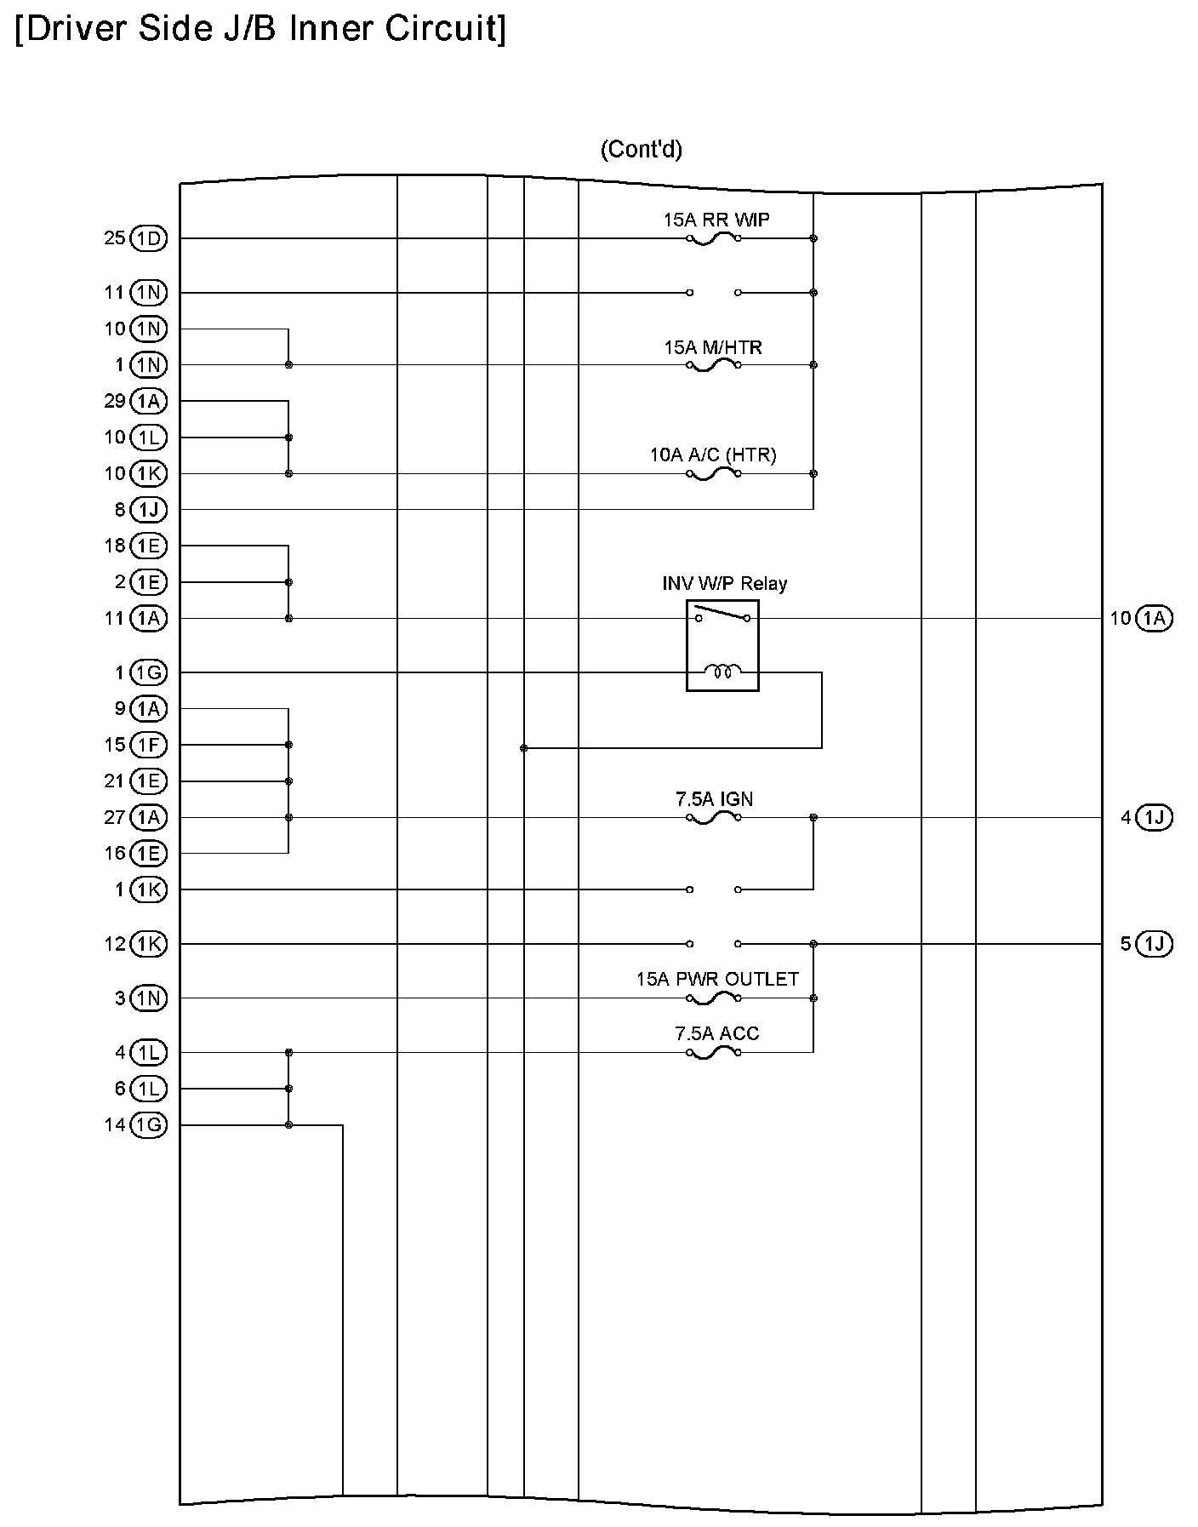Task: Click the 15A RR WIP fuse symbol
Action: (x=713, y=239)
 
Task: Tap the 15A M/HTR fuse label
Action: (x=713, y=347)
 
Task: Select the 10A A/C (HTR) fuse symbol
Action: (x=713, y=474)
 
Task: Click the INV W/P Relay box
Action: (x=722, y=645)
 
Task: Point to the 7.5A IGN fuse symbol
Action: (x=713, y=818)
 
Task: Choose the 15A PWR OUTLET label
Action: (x=717, y=979)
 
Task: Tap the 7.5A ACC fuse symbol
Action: (x=713, y=1053)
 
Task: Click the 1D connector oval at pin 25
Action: (x=149, y=238)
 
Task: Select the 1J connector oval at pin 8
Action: (x=149, y=510)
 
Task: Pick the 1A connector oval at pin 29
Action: (x=149, y=401)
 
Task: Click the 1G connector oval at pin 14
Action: (x=149, y=1125)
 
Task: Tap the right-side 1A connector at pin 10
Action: (x=1154, y=619)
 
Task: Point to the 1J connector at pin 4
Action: (x=1154, y=818)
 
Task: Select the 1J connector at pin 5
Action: (x=1154, y=944)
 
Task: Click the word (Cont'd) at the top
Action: (x=641, y=150)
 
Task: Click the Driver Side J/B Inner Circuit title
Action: (x=260, y=29)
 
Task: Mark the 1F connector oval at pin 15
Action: (x=149, y=746)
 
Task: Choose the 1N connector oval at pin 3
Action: (x=149, y=998)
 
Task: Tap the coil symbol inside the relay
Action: (x=722, y=672)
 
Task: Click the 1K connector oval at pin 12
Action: (x=149, y=944)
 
